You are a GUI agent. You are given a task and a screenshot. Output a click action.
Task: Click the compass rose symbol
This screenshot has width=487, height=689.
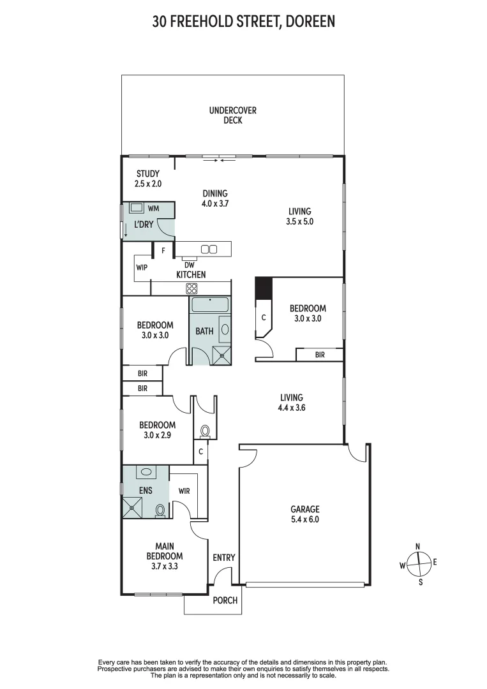point(418,563)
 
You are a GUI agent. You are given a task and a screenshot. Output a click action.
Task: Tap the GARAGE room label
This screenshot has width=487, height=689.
point(304,514)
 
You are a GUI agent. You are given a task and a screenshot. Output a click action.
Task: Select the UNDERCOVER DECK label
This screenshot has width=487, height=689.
point(233,115)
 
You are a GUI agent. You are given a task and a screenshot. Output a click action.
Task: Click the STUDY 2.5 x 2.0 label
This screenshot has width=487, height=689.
point(148,179)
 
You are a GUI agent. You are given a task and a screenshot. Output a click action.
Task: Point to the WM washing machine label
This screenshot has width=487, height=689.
point(153,208)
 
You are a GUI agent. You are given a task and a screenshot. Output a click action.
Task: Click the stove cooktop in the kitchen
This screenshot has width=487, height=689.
point(191,288)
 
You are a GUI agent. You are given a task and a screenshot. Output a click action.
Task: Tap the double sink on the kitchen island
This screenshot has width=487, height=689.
point(209,249)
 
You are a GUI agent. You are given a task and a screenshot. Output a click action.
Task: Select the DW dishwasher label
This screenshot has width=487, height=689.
point(188,264)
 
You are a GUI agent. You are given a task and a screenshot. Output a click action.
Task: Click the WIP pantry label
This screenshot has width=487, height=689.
point(142,267)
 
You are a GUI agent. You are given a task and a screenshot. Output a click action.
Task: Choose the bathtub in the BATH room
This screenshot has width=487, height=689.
point(210,304)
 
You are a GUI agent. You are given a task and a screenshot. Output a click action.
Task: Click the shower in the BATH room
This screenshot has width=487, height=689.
point(221,355)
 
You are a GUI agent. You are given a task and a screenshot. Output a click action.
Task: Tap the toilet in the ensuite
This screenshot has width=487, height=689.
point(160,510)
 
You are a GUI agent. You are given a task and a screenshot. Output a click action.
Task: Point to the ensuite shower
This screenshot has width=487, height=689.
point(133,507)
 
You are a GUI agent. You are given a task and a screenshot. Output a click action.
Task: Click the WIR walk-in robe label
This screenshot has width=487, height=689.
point(184,491)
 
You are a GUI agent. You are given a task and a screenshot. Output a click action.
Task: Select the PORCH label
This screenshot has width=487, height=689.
point(225,600)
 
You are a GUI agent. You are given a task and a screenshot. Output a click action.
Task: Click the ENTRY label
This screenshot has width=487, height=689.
point(223,558)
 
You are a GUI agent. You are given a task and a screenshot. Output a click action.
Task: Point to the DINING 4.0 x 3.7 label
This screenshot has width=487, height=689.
point(215,199)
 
